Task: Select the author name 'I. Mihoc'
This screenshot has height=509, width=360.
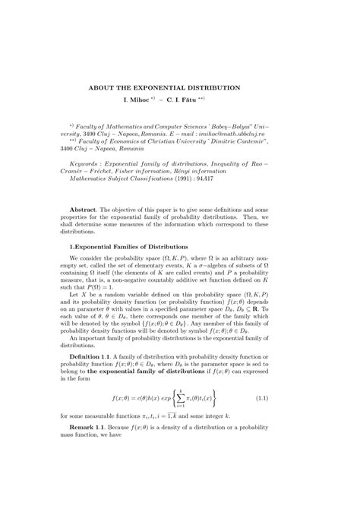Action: click(x=140, y=100)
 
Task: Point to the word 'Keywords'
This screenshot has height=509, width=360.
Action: click(x=84, y=163)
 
